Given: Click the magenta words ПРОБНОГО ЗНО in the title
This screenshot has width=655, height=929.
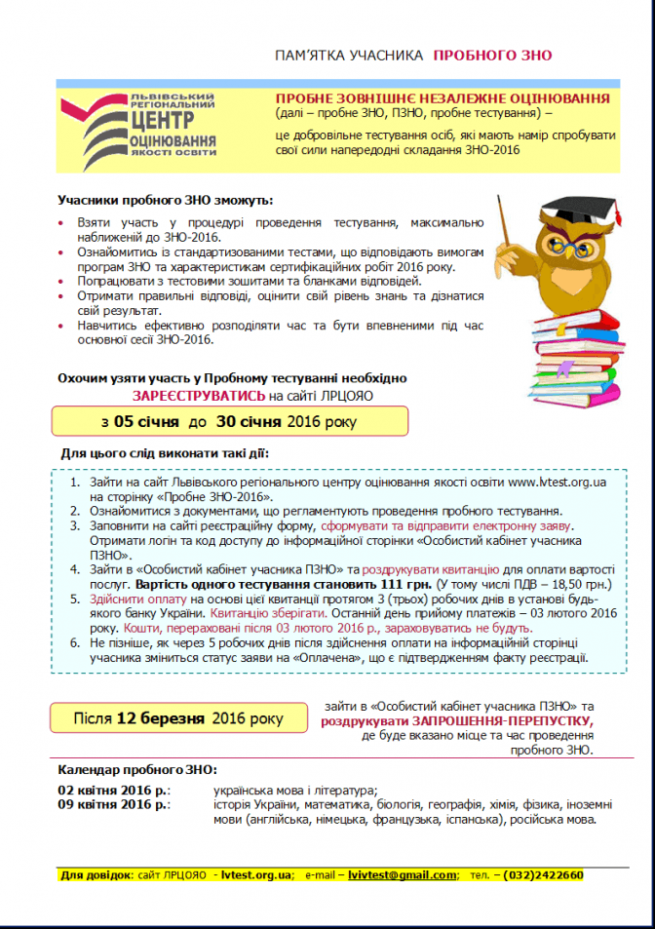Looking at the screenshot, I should [x=492, y=58].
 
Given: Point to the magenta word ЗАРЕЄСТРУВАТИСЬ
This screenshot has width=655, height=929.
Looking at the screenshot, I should [x=199, y=396].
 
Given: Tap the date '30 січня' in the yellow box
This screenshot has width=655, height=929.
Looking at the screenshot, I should [x=250, y=422].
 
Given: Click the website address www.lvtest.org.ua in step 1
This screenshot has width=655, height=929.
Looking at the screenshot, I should [x=558, y=482].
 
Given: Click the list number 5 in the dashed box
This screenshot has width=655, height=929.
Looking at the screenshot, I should [x=76, y=600].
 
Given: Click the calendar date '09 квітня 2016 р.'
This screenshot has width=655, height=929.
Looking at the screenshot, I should [x=113, y=805].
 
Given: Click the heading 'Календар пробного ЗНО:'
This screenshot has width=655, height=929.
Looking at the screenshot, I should [x=137, y=769].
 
